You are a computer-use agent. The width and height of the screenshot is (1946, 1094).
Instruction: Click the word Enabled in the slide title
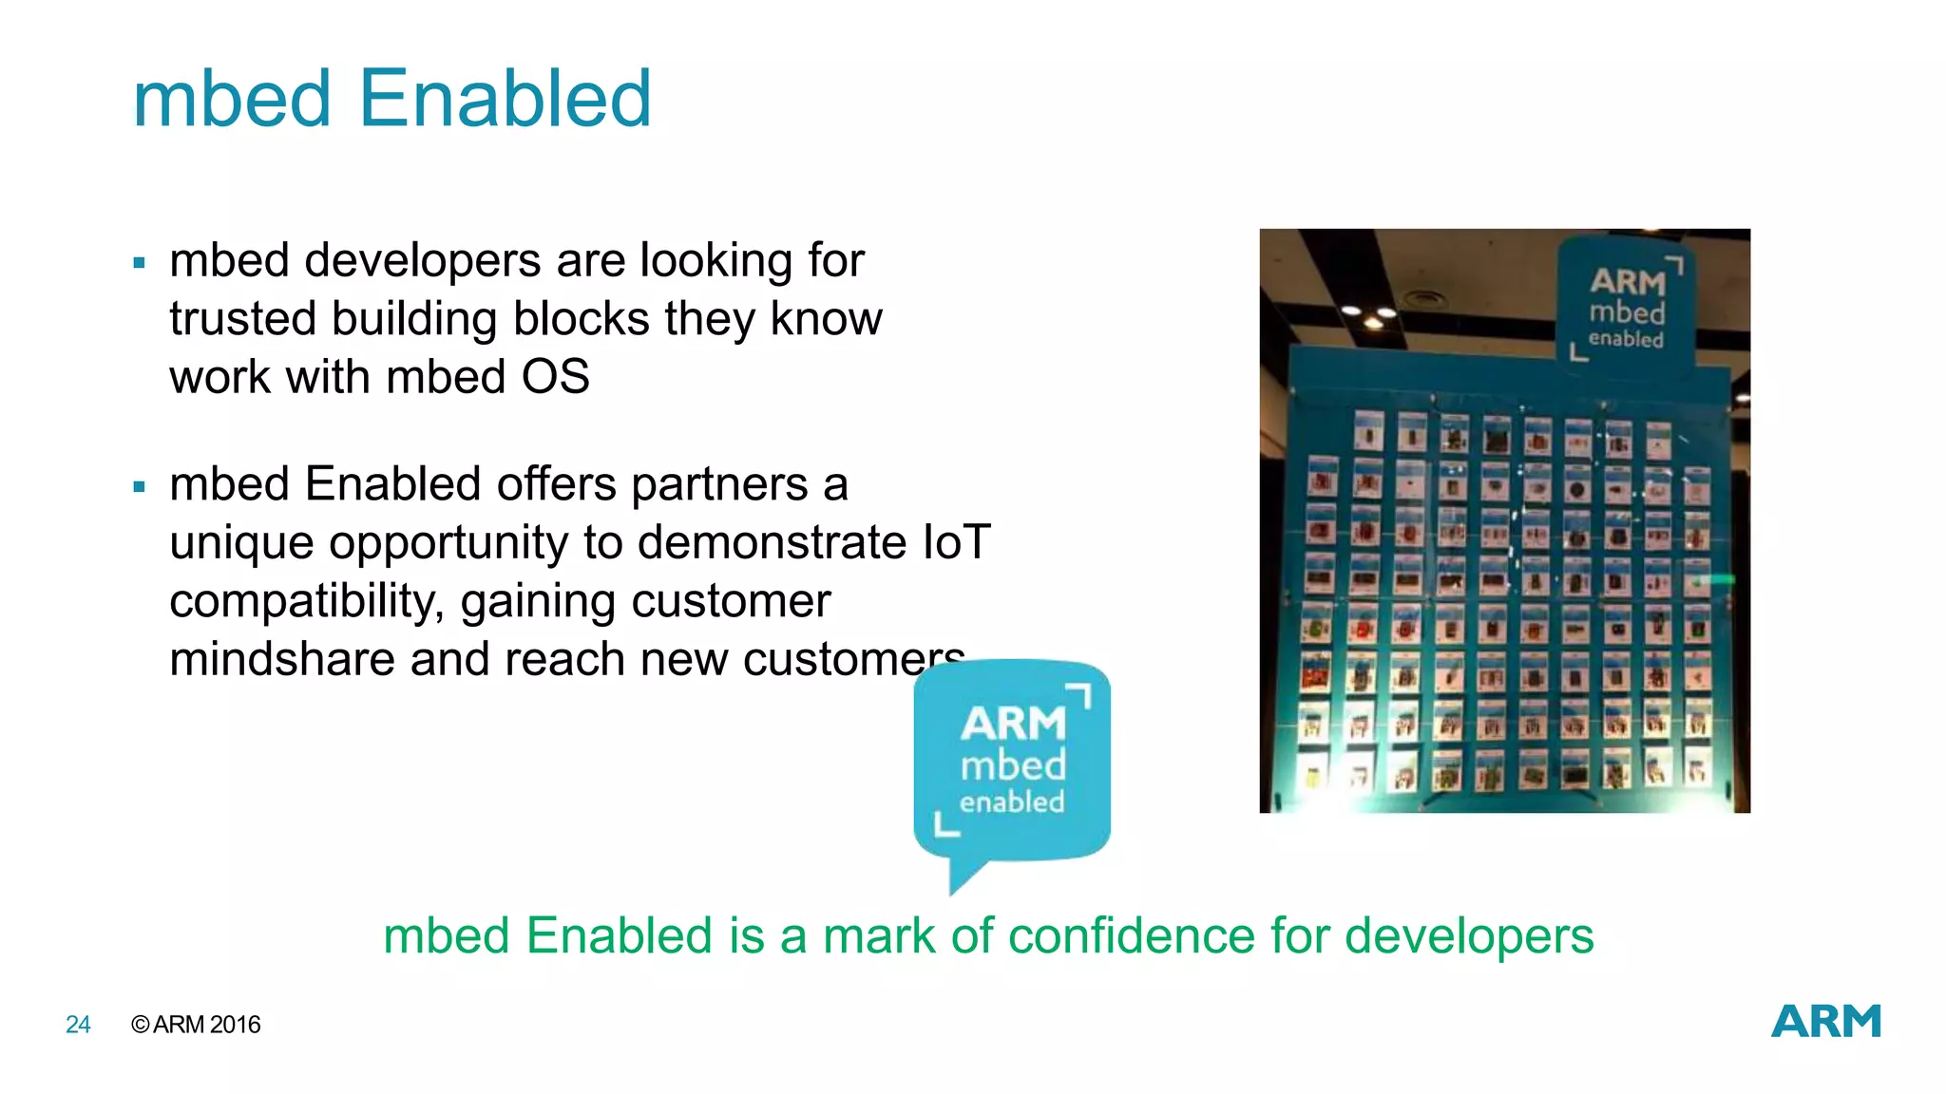pyautogui.click(x=506, y=99)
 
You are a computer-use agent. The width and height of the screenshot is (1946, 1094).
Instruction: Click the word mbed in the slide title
pyautogui.click(x=232, y=99)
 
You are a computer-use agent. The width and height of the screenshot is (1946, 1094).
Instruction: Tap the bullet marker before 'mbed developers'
pyautogui.click(x=140, y=263)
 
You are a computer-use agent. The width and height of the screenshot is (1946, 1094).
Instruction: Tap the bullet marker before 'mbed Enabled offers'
pyautogui.click(x=140, y=487)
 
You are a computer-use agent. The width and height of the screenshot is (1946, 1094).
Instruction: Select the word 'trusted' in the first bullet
pyautogui.click(x=242, y=319)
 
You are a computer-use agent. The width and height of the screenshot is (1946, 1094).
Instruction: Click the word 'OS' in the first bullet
pyautogui.click(x=555, y=377)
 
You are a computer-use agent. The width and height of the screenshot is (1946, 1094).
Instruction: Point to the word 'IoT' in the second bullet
pyautogui.click(x=956, y=542)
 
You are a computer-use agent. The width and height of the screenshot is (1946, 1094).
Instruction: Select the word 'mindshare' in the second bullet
pyautogui.click(x=281, y=659)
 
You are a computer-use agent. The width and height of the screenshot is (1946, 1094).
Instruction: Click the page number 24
pyautogui.click(x=78, y=1025)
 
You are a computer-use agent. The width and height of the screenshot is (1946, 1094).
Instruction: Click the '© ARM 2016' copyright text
pyautogui.click(x=196, y=1025)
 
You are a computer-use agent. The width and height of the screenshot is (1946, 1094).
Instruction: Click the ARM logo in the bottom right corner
pyautogui.click(x=1825, y=1022)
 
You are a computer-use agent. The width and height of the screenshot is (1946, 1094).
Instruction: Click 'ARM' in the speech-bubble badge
pyautogui.click(x=1012, y=725)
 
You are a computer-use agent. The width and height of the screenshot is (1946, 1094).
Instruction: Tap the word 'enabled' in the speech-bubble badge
pyautogui.click(x=1011, y=802)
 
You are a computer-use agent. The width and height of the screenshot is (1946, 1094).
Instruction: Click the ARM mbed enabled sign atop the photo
pyautogui.click(x=1626, y=306)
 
